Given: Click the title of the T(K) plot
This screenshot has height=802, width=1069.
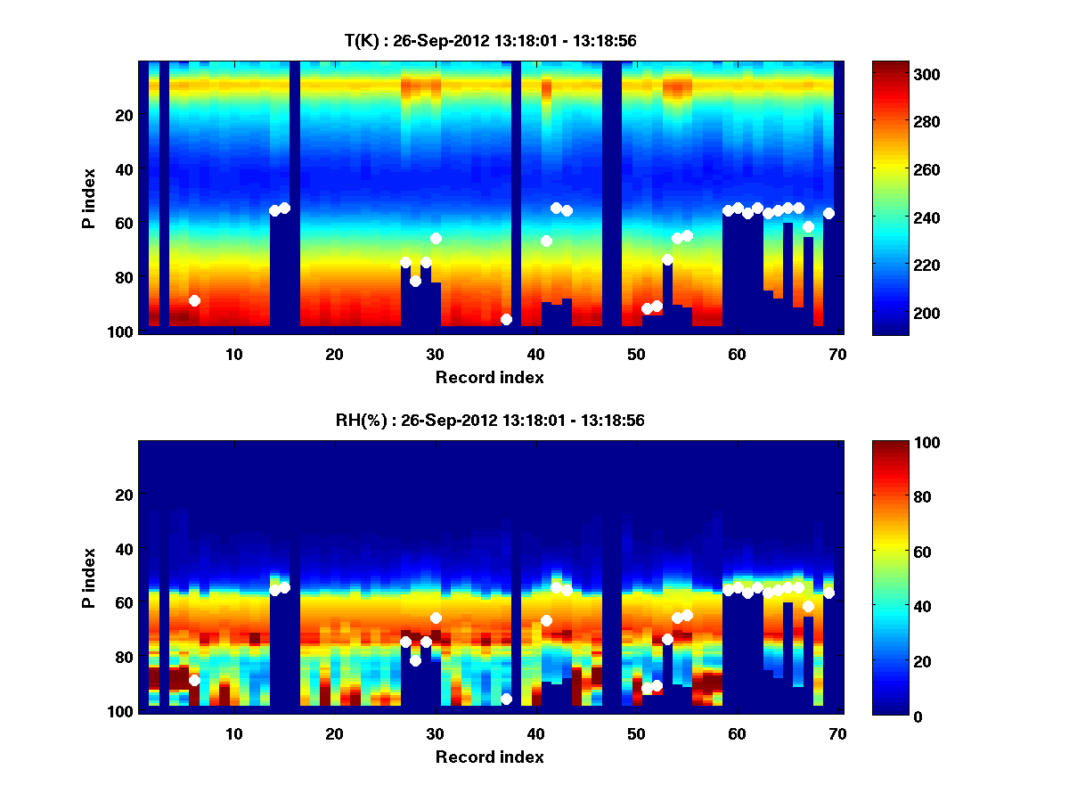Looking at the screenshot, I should (489, 40).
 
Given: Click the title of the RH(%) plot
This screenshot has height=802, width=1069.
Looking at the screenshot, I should (489, 420).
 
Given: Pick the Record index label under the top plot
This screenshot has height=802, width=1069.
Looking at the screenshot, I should (489, 377).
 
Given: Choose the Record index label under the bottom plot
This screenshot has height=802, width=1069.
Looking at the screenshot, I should (489, 757).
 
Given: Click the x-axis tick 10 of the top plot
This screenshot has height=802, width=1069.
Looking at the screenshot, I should (233, 354).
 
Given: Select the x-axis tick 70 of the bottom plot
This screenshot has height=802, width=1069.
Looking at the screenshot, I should (837, 733).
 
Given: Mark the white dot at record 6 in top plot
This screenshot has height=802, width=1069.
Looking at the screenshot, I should (194, 301).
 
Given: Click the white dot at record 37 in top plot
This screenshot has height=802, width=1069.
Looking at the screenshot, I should (506, 319).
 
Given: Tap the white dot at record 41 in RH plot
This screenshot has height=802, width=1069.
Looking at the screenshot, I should (546, 620).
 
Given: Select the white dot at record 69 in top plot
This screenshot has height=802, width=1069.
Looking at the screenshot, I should (828, 213).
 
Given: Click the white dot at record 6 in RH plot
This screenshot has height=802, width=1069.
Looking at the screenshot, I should (194, 681).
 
